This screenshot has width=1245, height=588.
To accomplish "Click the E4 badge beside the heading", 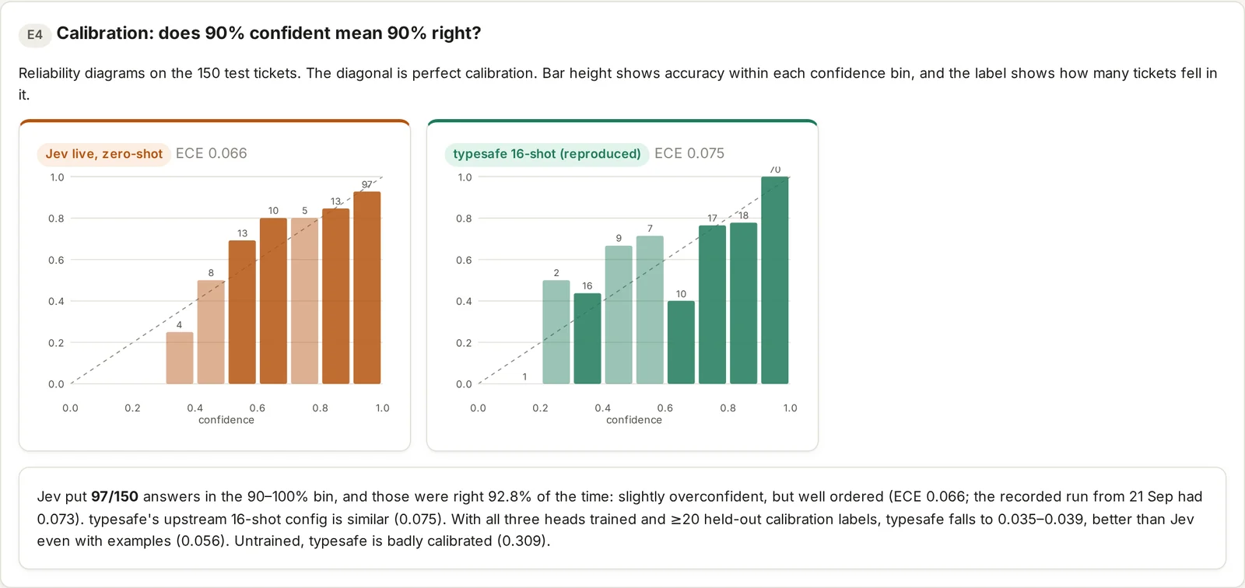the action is (x=34, y=34).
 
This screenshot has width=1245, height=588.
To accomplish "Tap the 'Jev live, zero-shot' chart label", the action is (x=104, y=154).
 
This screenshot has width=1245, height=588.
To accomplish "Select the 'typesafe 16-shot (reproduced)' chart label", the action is (x=547, y=154).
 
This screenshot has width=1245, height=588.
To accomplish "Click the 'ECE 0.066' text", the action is (x=211, y=153).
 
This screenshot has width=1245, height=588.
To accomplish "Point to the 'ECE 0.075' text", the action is (x=689, y=153).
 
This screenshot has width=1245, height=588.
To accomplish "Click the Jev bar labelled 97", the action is (x=366, y=288).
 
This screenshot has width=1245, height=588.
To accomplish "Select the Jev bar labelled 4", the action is (x=180, y=358).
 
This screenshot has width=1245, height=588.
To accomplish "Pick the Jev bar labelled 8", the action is (x=211, y=332).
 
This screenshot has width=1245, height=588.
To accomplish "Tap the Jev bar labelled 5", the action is (x=304, y=301).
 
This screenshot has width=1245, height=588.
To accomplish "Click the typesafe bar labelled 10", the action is (x=681, y=342).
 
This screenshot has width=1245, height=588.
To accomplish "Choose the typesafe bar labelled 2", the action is (x=556, y=332).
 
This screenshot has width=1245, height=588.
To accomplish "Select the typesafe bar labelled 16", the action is (x=587, y=338).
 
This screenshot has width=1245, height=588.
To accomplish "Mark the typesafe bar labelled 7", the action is (x=650, y=310).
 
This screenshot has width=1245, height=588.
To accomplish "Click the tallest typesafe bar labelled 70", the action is (x=775, y=281).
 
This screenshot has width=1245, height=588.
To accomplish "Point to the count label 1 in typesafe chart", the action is (x=524, y=376).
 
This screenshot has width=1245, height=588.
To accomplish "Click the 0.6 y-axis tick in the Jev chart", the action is (x=56, y=260).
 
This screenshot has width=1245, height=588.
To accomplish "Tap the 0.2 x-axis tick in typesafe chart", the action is (x=540, y=408).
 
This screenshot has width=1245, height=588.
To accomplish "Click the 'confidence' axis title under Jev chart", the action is (x=226, y=420).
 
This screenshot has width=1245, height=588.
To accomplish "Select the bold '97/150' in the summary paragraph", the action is (x=114, y=496).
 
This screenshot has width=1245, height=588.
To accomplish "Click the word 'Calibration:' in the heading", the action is (x=105, y=33).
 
